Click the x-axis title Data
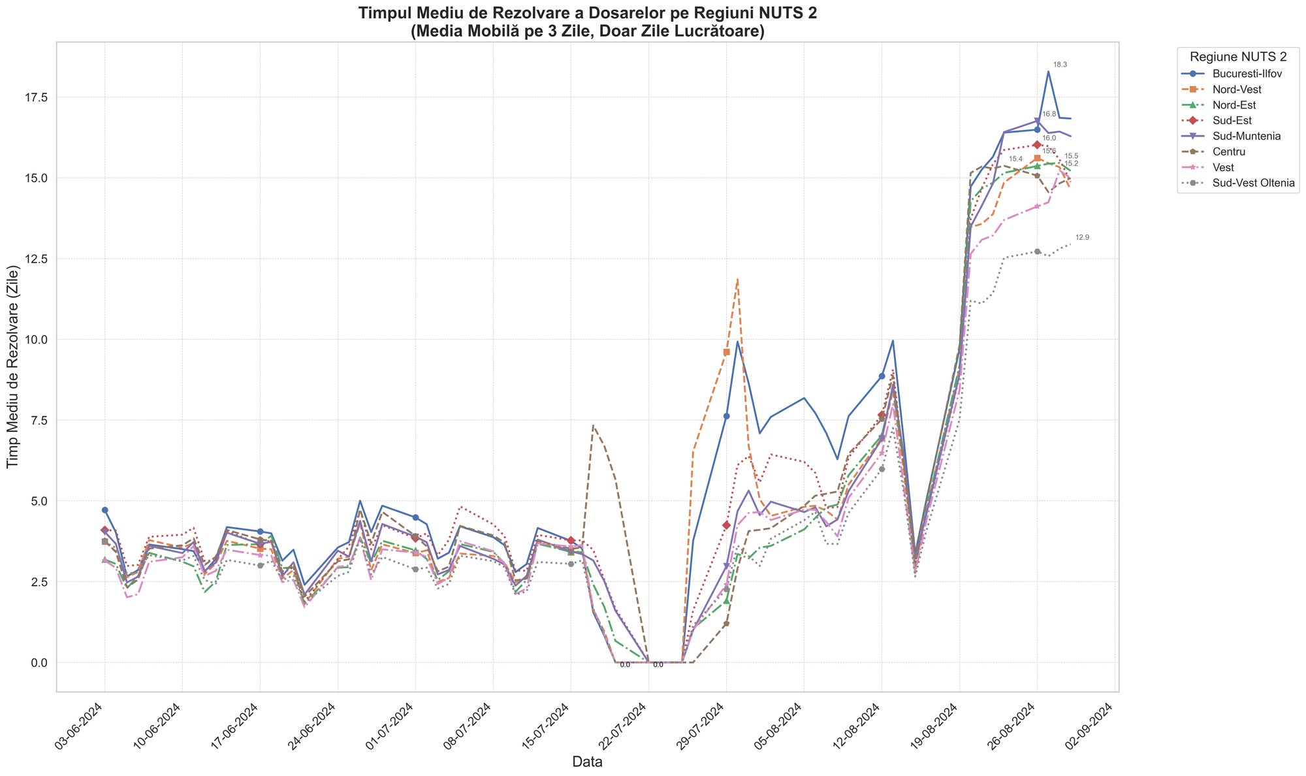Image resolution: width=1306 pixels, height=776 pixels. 587,762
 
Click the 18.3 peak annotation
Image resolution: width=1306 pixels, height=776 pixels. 1060,65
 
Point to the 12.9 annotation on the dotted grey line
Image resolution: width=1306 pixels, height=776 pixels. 1082,237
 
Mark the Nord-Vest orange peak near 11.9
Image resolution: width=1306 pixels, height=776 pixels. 737,280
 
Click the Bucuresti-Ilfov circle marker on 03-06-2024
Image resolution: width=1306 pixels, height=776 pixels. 104,510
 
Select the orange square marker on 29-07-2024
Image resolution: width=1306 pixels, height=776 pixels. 726,352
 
